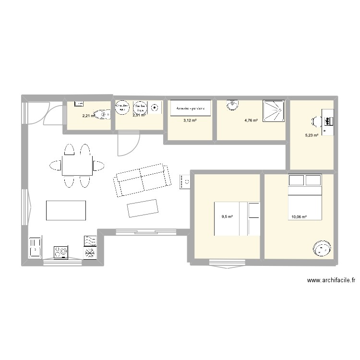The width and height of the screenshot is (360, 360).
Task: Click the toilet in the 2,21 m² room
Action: (102, 114)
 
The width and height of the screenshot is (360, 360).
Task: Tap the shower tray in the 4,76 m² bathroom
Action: (273, 111)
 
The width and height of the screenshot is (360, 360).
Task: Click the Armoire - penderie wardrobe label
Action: (190, 108)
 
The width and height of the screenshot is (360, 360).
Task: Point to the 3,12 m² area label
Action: (190, 120)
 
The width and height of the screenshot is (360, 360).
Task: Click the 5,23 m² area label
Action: (312, 135)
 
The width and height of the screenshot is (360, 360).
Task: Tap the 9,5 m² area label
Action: (227, 216)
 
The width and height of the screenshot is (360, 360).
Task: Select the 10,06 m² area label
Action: (299, 216)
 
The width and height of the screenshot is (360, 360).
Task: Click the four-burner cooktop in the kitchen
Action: (60, 252)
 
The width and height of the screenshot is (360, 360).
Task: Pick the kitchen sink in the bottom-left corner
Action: (35, 248)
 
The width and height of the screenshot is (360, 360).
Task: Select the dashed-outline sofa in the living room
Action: (142, 180)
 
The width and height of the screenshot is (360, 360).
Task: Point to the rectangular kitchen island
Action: (66, 210)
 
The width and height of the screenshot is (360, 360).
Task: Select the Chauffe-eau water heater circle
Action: (123, 108)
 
